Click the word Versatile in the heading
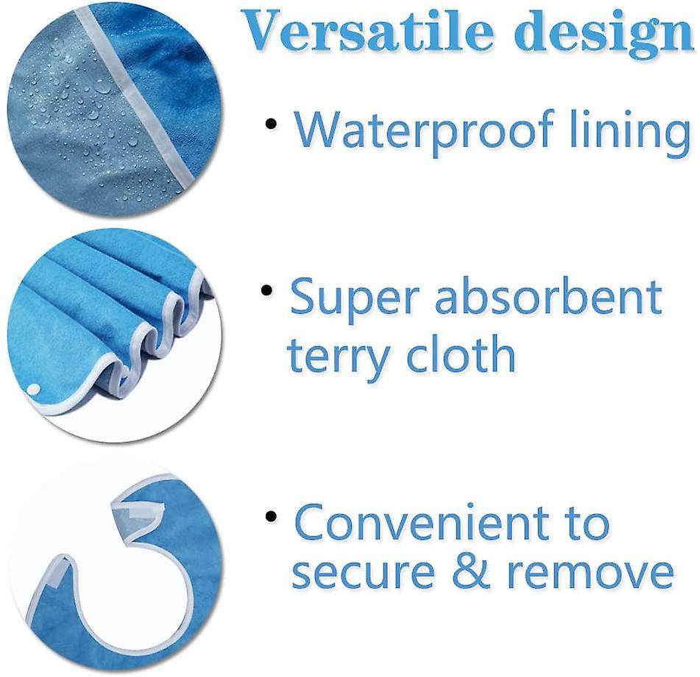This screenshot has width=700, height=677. (x=369, y=31)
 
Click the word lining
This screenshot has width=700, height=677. (x=630, y=132)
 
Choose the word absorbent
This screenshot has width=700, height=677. (x=548, y=295)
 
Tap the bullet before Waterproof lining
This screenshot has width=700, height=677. (x=271, y=124)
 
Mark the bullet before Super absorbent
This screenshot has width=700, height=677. (x=266, y=291)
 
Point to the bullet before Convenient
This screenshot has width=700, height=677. (x=271, y=517)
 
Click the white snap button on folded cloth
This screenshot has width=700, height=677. (x=32, y=390)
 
